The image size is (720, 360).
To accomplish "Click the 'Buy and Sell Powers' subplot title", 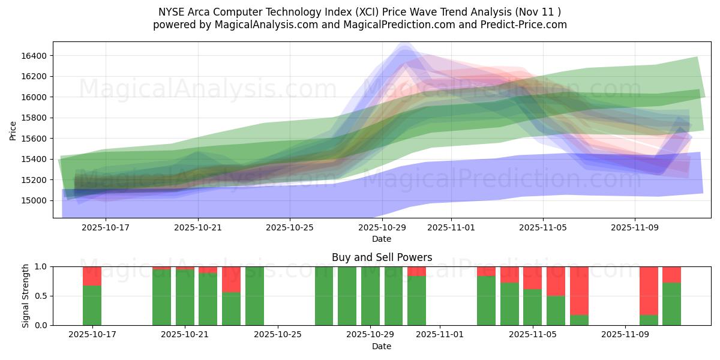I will pyautogui.click(x=382, y=257).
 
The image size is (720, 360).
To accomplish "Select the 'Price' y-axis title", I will pyautogui.click(x=13, y=130).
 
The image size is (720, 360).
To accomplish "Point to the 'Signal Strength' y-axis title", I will pyautogui.click(x=26, y=296).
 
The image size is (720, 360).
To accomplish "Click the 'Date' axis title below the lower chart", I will pyautogui.click(x=382, y=346).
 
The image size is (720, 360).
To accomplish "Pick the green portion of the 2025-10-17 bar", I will pyautogui.click(x=92, y=305).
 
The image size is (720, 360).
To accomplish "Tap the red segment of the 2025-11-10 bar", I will pyautogui.click(x=649, y=290).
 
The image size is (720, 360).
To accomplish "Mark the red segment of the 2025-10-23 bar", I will pyautogui.click(x=231, y=279).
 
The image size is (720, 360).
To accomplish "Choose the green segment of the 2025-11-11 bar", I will pyautogui.click(x=671, y=304).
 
